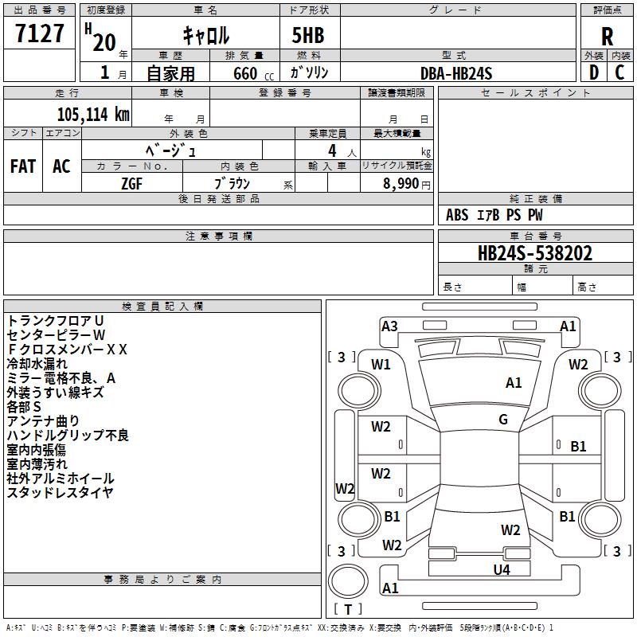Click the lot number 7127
point(40,34)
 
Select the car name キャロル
point(206,35)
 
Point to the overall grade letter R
point(608,37)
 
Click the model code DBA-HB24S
point(456,73)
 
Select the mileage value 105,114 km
point(93,114)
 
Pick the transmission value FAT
point(23,166)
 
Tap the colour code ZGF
point(132,183)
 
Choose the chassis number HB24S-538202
point(534,253)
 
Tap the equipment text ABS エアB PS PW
point(494,215)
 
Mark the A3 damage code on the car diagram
point(389,326)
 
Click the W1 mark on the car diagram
point(381,365)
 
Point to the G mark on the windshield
point(503,420)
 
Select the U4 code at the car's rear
point(501,569)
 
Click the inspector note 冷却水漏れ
point(37,363)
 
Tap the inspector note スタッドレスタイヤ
point(60,492)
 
